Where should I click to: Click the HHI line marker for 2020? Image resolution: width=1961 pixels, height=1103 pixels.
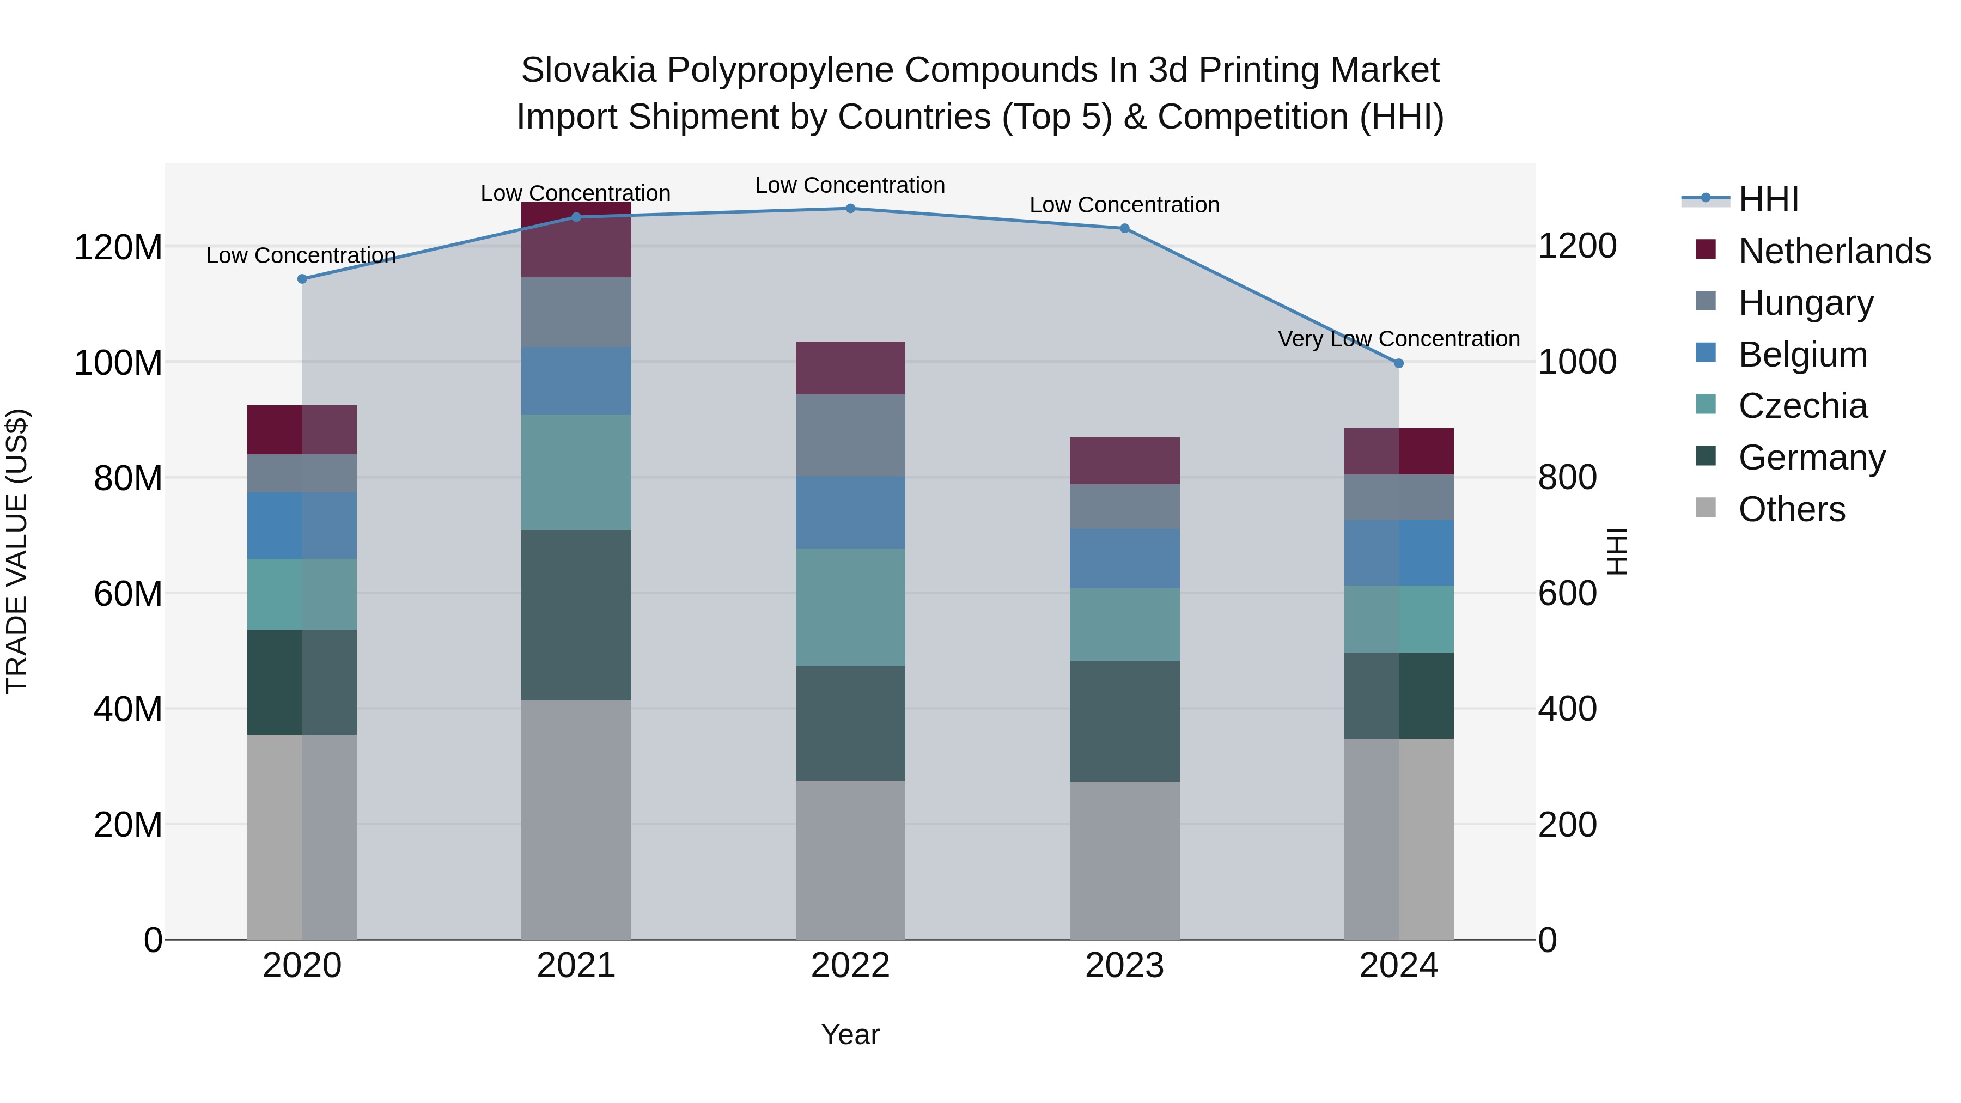pyautogui.click(x=302, y=278)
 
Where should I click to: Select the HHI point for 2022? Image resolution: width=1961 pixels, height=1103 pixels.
pyautogui.click(x=850, y=209)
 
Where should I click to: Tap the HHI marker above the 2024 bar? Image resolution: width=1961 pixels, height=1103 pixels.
pyautogui.click(x=1398, y=364)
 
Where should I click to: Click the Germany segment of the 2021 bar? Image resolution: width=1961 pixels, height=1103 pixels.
pyautogui.click(x=576, y=615)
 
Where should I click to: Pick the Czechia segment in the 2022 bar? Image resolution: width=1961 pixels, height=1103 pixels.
pyautogui.click(x=850, y=607)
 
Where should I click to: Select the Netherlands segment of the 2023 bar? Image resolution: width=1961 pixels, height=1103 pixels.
pyautogui.click(x=1124, y=460)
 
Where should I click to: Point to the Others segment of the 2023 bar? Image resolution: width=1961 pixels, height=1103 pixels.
pyautogui.click(x=1124, y=860)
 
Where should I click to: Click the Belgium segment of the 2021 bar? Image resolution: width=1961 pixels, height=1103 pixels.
pyautogui.click(x=576, y=381)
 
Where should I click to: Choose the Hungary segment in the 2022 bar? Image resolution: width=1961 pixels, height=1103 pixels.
pyautogui.click(x=850, y=435)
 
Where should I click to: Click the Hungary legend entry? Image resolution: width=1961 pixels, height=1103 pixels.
pyautogui.click(x=1805, y=303)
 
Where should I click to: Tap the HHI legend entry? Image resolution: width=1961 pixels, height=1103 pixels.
pyautogui.click(x=1768, y=199)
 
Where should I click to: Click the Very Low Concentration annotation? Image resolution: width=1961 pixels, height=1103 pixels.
pyautogui.click(x=1398, y=339)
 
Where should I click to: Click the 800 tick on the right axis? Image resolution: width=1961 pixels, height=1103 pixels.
pyautogui.click(x=1567, y=478)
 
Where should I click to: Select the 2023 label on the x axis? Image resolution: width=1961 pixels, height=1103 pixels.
pyautogui.click(x=1124, y=966)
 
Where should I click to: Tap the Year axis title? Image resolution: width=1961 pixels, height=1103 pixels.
pyautogui.click(x=850, y=1034)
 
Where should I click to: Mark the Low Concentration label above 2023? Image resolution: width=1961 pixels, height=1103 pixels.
pyautogui.click(x=1124, y=205)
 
